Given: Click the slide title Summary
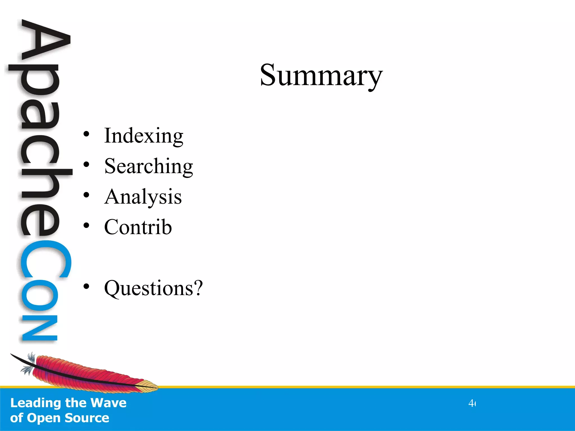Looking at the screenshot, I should point(321,75).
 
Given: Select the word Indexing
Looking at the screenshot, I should point(143,136).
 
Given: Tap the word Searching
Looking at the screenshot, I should point(149,166).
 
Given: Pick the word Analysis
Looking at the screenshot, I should point(143,197).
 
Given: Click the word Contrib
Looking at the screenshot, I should point(138,227).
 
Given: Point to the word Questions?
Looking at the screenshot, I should point(153,288).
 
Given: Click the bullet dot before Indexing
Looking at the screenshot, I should point(86,134).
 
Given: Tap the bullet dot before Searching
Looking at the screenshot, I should point(86,164).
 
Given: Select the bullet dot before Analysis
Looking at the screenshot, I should point(86,195).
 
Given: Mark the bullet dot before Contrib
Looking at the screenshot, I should point(86,225).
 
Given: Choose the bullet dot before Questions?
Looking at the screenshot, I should point(86,286).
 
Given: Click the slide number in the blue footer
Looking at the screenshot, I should point(472,404).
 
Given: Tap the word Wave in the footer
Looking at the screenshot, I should point(108,403).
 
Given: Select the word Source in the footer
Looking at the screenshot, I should point(87,418).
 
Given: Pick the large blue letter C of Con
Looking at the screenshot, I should point(45,260).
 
